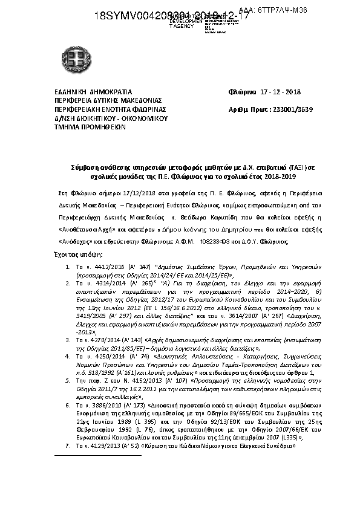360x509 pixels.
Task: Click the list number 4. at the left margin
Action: click(x=68, y=357)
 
